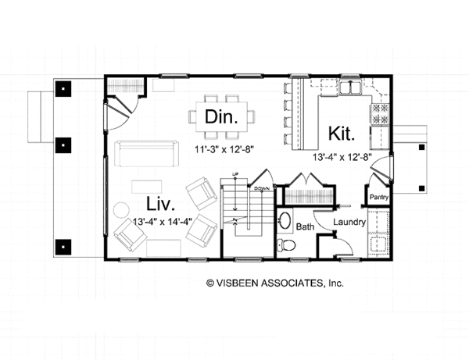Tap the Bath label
tap(306, 227)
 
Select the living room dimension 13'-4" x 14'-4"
tap(163, 221)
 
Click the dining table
tap(222, 116)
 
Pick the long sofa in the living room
tap(145, 153)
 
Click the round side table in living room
tap(122, 211)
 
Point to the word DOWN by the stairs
tap(262, 189)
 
